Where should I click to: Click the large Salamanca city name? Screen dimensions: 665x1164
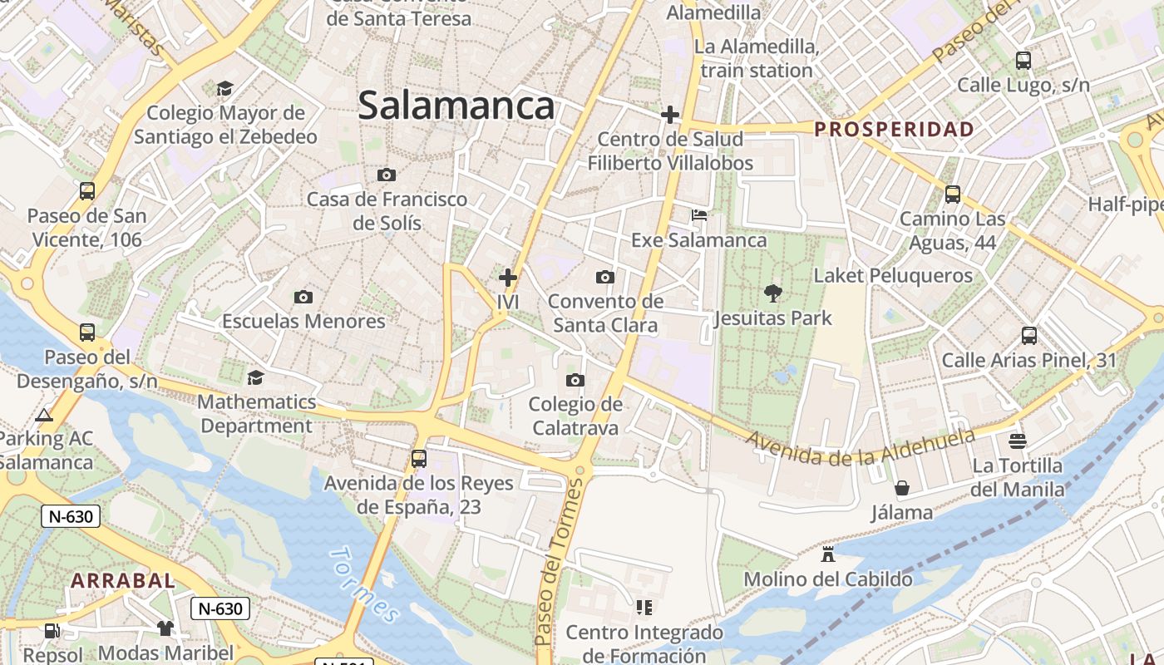456,106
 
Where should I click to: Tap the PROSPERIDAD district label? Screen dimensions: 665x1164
894,129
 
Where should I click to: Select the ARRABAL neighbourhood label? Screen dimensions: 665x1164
123,580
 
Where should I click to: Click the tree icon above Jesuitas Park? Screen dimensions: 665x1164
772,293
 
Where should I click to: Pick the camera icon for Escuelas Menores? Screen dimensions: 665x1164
303,297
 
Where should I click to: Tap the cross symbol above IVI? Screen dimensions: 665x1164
507,278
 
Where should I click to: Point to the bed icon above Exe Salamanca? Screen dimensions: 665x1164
699,215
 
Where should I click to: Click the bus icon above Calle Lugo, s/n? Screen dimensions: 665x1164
1023,61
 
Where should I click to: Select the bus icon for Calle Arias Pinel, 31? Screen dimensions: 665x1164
1029,336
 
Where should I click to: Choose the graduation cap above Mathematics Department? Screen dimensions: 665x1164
256,377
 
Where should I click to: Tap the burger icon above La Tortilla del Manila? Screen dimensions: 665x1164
1018,441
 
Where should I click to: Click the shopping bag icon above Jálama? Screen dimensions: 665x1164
901,488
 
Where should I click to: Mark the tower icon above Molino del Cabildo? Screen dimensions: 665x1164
827,554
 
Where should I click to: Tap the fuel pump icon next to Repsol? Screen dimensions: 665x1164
52,631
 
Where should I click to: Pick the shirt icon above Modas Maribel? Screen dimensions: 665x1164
165,628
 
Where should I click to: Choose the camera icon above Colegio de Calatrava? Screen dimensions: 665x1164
575,381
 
